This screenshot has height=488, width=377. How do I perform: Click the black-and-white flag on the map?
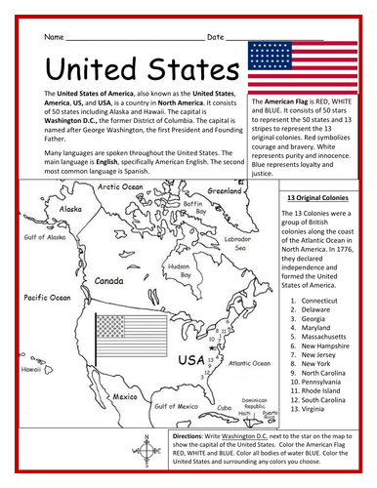click(x=124, y=341)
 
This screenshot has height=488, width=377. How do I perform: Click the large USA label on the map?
click(x=190, y=362)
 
